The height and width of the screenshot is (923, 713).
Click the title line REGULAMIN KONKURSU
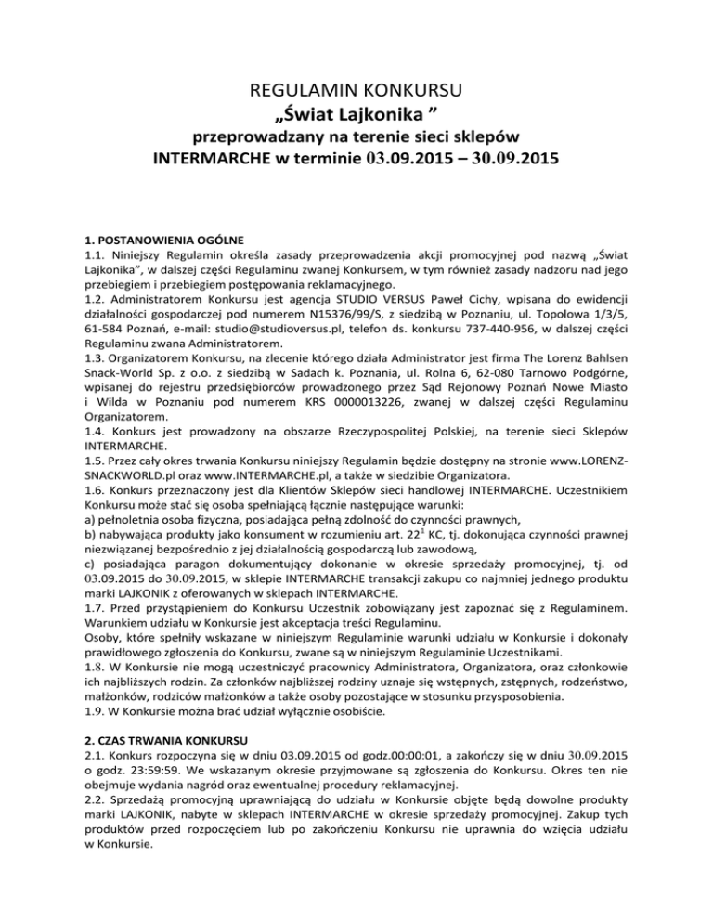point(356,91)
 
